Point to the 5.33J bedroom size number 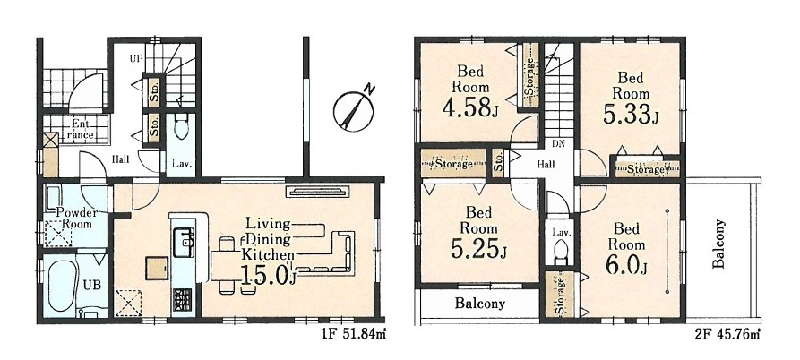click(x=631, y=116)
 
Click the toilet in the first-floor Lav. click(x=181, y=126)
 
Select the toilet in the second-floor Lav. click(x=559, y=253)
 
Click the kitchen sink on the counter click(x=184, y=242)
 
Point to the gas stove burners click(x=183, y=298)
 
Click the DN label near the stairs click(x=558, y=144)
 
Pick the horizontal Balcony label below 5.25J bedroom click(x=480, y=304)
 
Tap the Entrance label click(x=78, y=130)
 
